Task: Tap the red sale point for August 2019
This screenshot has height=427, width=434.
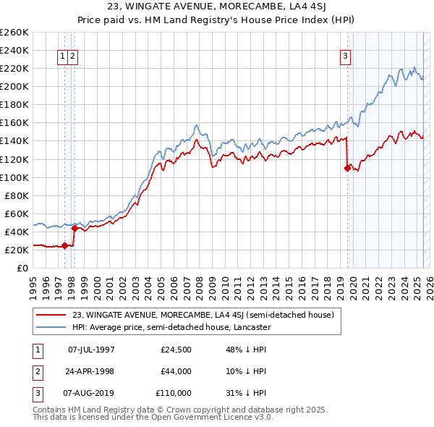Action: [x=347, y=168]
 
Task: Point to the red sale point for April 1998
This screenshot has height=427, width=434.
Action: [x=75, y=228]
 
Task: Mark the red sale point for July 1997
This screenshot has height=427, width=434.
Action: [x=64, y=245]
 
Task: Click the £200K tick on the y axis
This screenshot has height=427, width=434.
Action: [x=14, y=86]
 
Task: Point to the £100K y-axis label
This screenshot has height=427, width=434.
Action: [x=14, y=177]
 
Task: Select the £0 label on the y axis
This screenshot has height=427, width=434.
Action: [x=22, y=268]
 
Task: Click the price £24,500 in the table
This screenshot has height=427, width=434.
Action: [x=176, y=350]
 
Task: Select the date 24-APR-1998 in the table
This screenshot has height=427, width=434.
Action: [x=91, y=371]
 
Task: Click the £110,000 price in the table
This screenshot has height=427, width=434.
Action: [x=174, y=393]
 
